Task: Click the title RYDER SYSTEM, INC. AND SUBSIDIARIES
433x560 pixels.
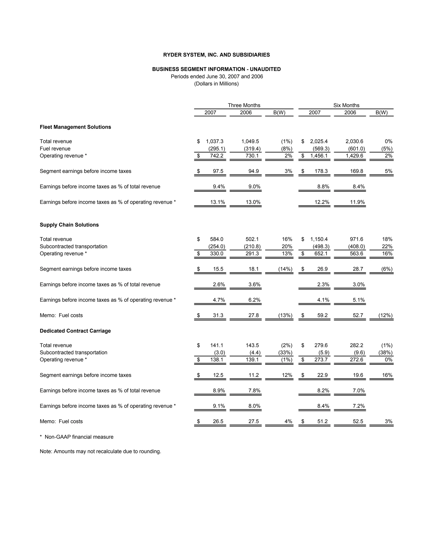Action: [216, 55]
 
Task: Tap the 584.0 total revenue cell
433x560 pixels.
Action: [216, 239]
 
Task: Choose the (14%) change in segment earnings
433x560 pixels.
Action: [285, 269]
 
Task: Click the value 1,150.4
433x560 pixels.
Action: [319, 239]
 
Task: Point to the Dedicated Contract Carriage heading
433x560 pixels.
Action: [75, 331]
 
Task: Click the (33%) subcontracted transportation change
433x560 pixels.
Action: [285, 352]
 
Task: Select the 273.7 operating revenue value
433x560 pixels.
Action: [321, 360]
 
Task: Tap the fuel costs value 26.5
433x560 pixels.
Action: [218, 422]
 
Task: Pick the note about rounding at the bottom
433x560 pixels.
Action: [100, 452]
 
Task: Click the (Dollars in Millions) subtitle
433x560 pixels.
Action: [216, 84]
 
